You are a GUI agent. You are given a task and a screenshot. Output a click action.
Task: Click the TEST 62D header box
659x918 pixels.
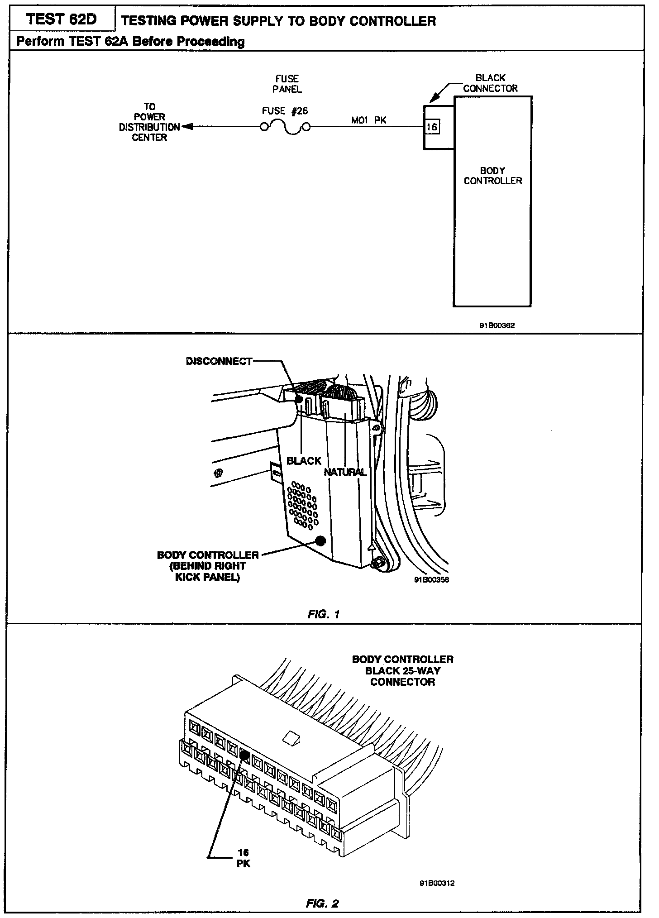61,19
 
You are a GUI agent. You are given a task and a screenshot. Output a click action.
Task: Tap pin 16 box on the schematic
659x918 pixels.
431,127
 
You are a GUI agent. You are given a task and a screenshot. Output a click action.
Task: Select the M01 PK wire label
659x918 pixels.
369,120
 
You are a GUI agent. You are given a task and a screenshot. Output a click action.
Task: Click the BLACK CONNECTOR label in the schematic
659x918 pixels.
490,83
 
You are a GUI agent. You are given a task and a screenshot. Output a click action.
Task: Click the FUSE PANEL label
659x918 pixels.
287,84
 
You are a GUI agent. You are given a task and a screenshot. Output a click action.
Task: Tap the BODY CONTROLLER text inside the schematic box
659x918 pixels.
492,176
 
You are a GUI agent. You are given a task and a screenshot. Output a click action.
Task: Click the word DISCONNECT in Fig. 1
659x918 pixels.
219,361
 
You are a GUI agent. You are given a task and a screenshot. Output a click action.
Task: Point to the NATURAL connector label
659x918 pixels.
345,472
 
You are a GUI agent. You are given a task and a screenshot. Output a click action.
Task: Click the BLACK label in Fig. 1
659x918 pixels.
304,461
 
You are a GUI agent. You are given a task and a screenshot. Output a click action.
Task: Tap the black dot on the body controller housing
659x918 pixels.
321,540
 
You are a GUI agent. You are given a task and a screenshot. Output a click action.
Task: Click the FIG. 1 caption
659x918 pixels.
324,614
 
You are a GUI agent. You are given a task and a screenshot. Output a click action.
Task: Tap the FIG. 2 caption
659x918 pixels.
322,904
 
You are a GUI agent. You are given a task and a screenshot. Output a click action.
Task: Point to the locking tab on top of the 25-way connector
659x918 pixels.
289,739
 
